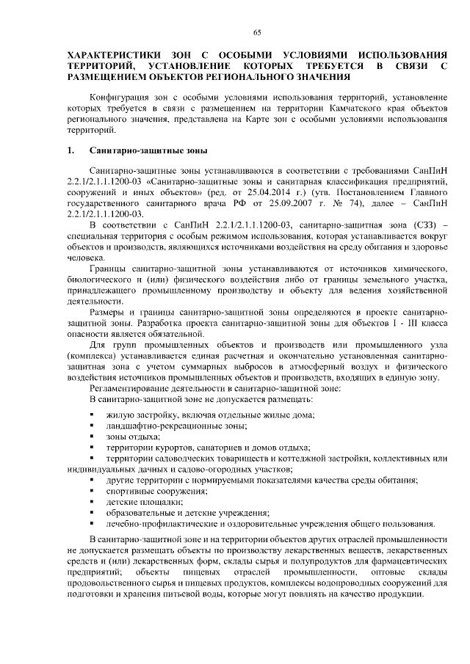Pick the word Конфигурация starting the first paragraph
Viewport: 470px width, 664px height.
[x=119, y=97]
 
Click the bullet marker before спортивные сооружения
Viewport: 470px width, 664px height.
[x=92, y=492]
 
